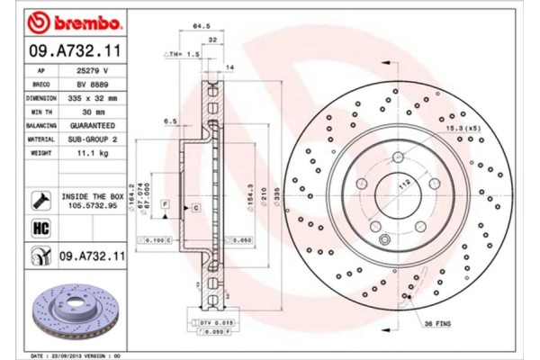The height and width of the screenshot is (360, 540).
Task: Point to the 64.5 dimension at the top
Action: tap(202, 27)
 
